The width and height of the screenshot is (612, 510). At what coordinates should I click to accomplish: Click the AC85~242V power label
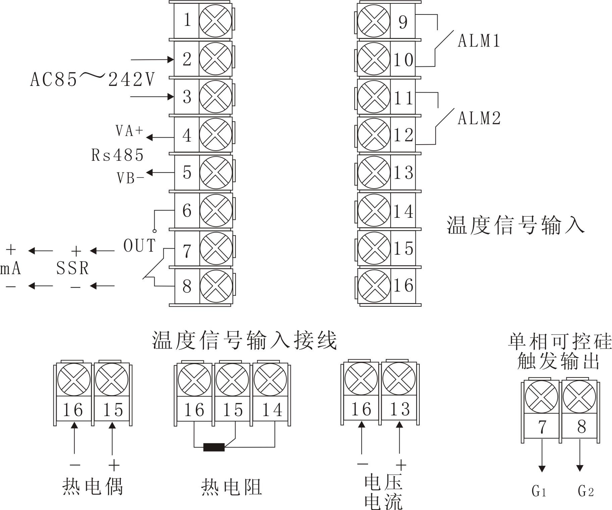(x=92, y=80)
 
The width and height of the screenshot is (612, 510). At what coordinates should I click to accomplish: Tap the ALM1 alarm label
(x=479, y=41)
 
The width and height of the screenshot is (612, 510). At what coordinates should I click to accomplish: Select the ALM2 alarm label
(x=479, y=118)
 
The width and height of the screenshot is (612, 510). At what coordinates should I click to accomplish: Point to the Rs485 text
(x=117, y=155)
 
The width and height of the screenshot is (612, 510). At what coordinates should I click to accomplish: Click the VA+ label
(x=130, y=131)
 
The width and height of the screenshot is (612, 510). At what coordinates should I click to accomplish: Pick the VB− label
(x=131, y=178)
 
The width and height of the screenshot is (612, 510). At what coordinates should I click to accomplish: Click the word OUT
(x=140, y=246)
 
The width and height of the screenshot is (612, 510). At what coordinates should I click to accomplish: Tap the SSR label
(x=72, y=268)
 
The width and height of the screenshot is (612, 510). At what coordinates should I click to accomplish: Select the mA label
(x=11, y=268)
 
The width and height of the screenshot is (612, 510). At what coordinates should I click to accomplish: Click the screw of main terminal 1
(x=215, y=20)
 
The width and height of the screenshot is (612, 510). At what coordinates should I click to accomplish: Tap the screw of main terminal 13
(x=374, y=172)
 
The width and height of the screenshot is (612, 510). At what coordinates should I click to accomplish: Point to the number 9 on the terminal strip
(x=403, y=22)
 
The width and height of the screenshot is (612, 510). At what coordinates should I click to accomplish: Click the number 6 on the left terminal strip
(x=187, y=211)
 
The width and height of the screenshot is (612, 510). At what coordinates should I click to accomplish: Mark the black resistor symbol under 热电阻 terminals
(x=214, y=447)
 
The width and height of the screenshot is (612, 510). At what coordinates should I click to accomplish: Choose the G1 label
(x=539, y=491)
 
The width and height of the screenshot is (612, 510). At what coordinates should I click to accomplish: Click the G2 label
(x=586, y=491)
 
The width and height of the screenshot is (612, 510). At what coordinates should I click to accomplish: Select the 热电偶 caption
(x=93, y=487)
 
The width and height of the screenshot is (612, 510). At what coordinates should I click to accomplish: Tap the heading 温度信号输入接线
(x=244, y=341)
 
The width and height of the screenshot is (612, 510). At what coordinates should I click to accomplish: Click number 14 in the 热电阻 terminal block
(x=272, y=410)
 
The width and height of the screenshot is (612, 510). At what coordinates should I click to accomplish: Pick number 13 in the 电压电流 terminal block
(x=400, y=409)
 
